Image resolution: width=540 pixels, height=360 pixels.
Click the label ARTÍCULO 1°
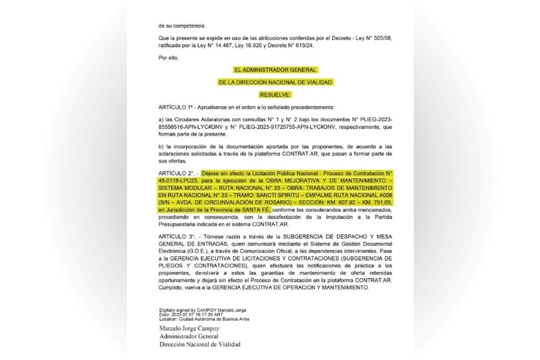tap(178, 107)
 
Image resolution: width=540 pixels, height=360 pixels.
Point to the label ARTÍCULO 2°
tap(178, 170)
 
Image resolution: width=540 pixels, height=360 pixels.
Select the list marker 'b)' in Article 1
tap(161, 146)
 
